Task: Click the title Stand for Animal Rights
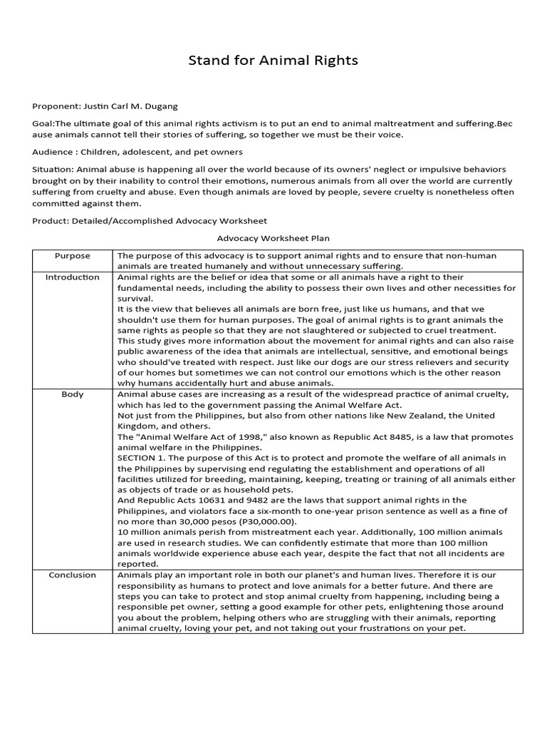273,61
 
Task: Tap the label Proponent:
57,106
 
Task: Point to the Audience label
53,152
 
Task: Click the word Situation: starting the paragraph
53,170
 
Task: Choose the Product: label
51,220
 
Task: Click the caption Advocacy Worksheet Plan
273,238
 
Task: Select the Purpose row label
73,256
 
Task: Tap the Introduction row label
73,277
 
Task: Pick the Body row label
73,394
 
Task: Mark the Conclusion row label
73,575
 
